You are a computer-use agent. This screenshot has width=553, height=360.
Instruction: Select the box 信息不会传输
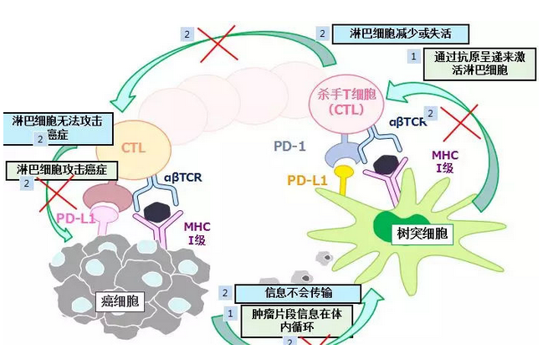tap(300, 293)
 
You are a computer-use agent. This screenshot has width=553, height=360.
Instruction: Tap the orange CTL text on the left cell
tap(135, 148)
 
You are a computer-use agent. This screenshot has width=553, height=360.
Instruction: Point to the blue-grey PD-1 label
tap(290, 146)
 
